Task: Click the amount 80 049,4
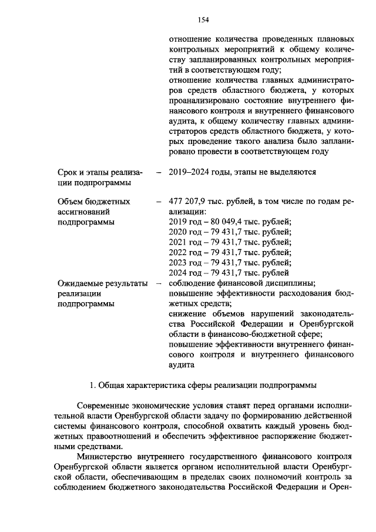220,222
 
